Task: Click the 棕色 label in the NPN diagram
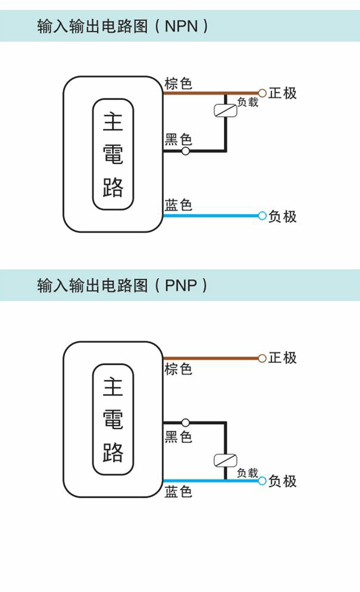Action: pyautogui.click(x=178, y=83)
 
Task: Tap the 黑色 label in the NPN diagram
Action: pyautogui.click(x=178, y=140)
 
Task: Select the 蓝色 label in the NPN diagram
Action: pyautogui.click(x=178, y=205)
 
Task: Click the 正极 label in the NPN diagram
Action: pyautogui.click(x=283, y=93)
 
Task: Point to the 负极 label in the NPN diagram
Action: pyautogui.click(x=283, y=216)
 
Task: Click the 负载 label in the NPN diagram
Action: pyautogui.click(x=248, y=103)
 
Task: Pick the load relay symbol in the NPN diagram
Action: pyautogui.click(x=225, y=110)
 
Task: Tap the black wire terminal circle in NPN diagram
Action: pyautogui.click(x=185, y=151)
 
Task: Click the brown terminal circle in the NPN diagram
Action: pyautogui.click(x=262, y=93)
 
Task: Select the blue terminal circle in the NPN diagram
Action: pyautogui.click(x=262, y=216)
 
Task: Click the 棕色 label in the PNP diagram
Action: pyautogui.click(x=178, y=369)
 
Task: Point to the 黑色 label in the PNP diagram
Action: pyautogui.click(x=178, y=437)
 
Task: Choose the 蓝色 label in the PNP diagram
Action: pyautogui.click(x=178, y=491)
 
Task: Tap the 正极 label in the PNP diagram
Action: pyautogui.click(x=283, y=358)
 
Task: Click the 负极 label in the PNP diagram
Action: pyautogui.click(x=283, y=481)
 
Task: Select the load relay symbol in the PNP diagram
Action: pyautogui.click(x=225, y=460)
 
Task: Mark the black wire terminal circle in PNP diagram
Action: pyautogui.click(x=185, y=422)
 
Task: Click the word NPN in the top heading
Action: pyautogui.click(x=180, y=26)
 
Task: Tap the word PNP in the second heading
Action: pyautogui.click(x=180, y=285)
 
